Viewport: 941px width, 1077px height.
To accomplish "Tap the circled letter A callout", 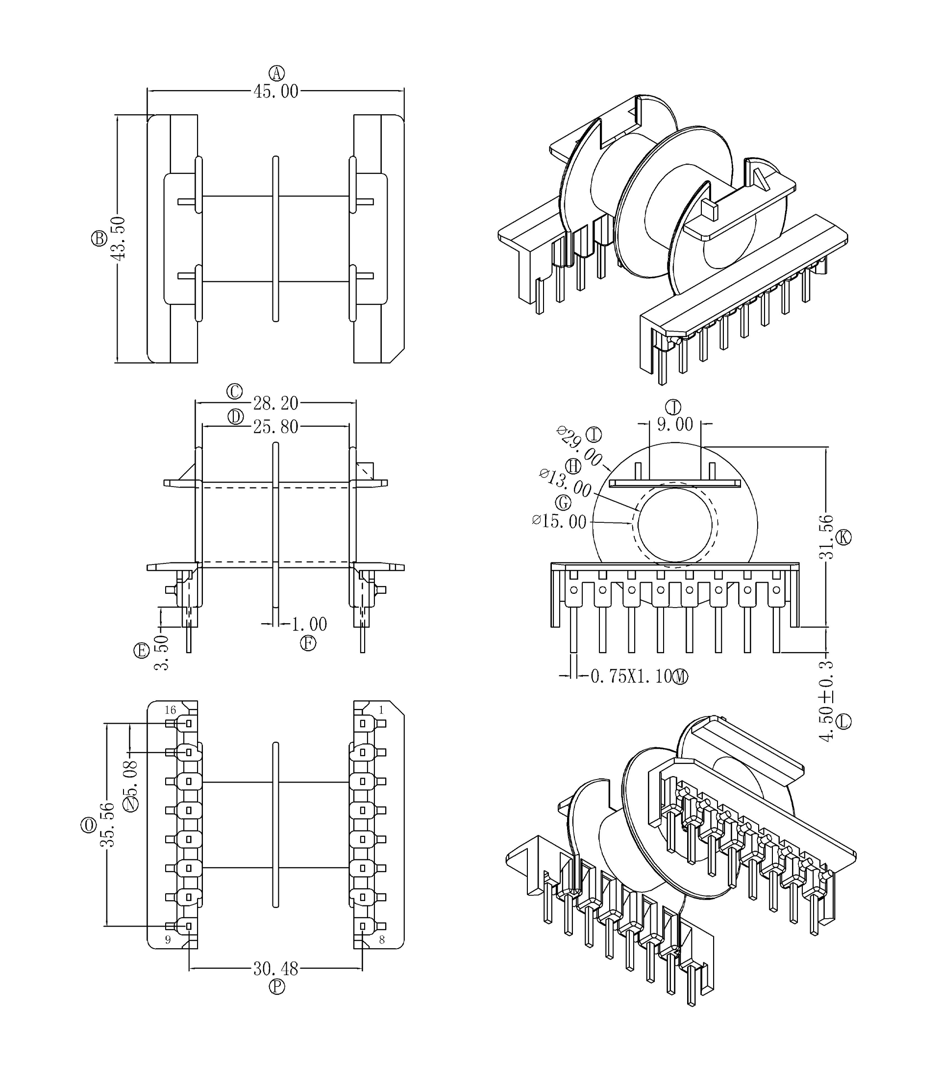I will pos(277,73).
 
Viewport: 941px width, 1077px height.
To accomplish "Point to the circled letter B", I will pos(99,238).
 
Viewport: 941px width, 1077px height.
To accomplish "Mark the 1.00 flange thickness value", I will pos(309,624).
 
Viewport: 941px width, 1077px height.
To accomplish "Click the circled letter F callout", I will pos(308,643).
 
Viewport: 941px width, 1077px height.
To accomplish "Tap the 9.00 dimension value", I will pos(675,424).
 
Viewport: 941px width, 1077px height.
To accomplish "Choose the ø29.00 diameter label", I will pos(579,446).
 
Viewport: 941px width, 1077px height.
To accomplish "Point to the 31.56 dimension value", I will pos(826,537).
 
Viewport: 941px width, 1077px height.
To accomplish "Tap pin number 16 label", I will pos(170,710).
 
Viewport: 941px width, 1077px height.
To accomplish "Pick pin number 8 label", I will pos(382,939).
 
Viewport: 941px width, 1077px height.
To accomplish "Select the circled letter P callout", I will pos(277,987).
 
